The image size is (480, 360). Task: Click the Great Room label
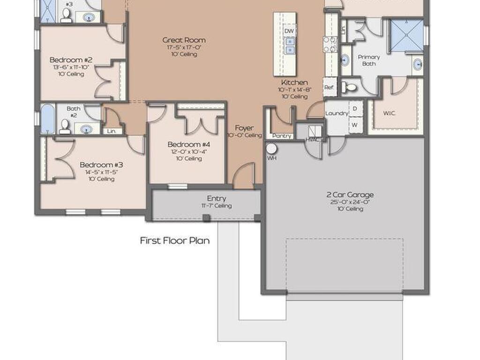click(x=184, y=40)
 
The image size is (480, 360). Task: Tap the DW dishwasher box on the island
click(x=289, y=31)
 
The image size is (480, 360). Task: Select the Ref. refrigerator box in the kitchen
click(x=330, y=87)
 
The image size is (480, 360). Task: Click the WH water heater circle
click(x=271, y=149)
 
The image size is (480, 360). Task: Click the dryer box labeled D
click(x=355, y=109)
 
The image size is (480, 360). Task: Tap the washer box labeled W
click(x=355, y=125)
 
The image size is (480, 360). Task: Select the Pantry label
click(x=282, y=136)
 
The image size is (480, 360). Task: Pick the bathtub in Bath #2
click(x=47, y=119)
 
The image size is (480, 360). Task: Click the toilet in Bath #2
click(x=65, y=126)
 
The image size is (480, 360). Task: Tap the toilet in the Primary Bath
click(x=349, y=87)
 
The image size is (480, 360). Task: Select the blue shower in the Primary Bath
click(x=406, y=35)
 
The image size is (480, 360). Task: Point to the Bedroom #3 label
click(x=101, y=165)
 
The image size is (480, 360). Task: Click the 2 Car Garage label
click(x=350, y=195)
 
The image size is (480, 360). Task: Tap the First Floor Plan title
click(x=175, y=241)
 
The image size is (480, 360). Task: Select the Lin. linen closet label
click(x=112, y=132)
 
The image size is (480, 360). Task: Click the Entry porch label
click(x=217, y=199)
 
